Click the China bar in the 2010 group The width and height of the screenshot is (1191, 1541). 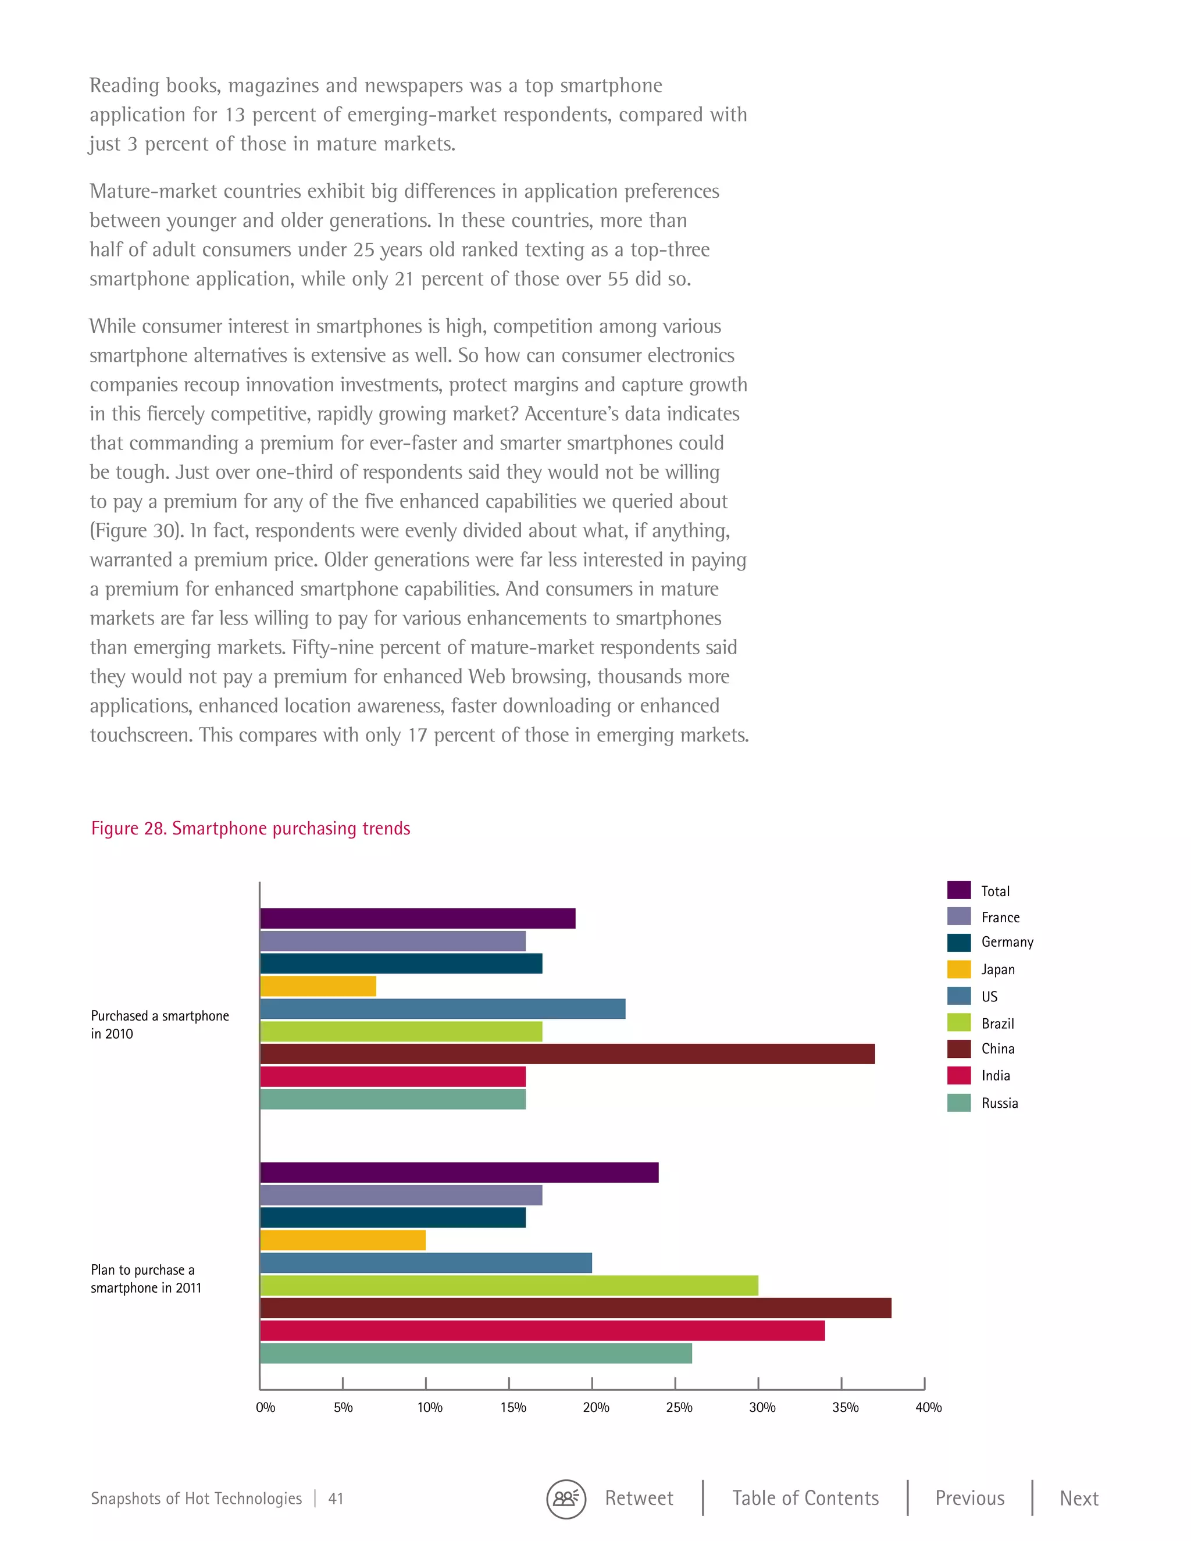click(567, 1054)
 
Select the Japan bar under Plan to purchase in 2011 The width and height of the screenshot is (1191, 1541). click(343, 1240)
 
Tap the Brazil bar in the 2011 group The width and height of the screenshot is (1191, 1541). click(509, 1286)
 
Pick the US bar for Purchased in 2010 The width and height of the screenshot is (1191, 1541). click(443, 1009)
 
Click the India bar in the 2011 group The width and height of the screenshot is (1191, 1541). click(542, 1330)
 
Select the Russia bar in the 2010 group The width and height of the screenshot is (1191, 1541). click(393, 1099)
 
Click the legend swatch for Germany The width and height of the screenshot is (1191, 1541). click(959, 943)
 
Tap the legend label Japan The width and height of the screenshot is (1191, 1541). click(998, 969)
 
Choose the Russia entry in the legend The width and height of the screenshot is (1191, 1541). click(999, 1103)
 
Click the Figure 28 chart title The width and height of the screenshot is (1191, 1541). click(251, 828)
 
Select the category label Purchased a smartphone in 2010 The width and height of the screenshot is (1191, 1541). click(159, 1025)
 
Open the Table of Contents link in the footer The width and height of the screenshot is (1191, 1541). click(805, 1498)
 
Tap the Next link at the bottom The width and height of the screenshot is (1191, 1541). click(1079, 1498)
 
